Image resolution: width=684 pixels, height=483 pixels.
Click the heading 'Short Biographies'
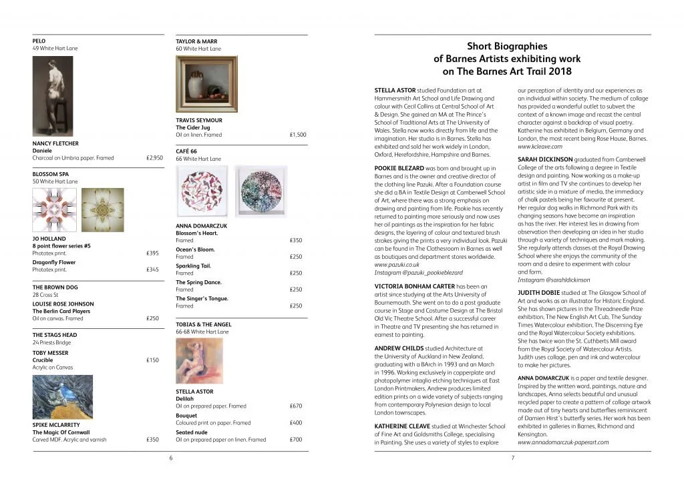[506, 47]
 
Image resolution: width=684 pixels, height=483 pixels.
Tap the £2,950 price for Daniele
[154, 158]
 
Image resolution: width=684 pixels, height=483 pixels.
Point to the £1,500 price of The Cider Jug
[298, 135]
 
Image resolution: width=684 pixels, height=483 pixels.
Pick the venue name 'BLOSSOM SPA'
[49, 174]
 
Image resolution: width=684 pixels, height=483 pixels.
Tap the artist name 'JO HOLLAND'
[47, 238]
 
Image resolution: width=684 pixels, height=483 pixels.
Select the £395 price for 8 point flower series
[152, 254]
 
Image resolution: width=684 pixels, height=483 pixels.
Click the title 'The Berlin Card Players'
[61, 311]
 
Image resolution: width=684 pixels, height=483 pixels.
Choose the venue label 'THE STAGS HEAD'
[54, 335]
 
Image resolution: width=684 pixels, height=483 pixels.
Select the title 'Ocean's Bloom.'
[195, 250]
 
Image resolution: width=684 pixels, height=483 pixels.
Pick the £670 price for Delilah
[296, 406]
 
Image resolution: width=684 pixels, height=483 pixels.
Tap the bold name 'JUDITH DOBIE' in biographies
[540, 292]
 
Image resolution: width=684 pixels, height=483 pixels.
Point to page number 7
[512, 458]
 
